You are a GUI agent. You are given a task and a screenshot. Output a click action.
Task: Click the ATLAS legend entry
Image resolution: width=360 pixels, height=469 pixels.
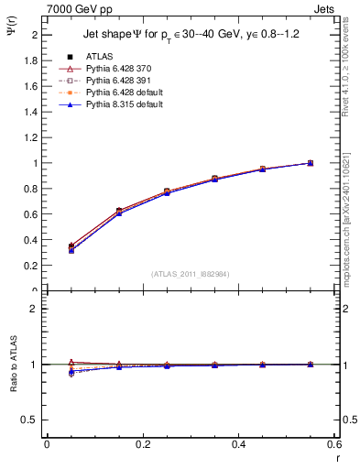point(99,55)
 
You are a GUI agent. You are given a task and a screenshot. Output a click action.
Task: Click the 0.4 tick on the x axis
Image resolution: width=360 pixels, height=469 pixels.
point(238,443)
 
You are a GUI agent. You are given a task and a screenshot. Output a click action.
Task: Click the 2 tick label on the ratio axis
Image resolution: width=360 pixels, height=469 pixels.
point(34,309)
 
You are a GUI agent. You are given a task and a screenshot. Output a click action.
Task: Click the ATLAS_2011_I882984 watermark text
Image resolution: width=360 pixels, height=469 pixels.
point(190,274)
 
